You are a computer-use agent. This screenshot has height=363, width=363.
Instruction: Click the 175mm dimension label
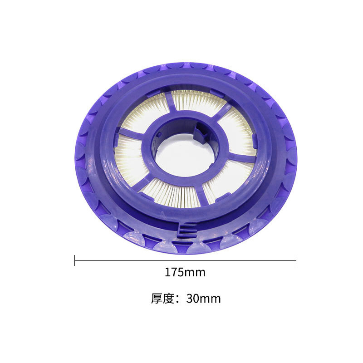[x=185, y=272]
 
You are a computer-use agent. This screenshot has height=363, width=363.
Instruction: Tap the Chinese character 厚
[x=157, y=299]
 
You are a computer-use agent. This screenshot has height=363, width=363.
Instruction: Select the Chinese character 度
[x=168, y=299]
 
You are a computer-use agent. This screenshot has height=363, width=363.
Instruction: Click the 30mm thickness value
[x=203, y=299]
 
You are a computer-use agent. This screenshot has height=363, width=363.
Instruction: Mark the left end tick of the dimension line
[x=75, y=260]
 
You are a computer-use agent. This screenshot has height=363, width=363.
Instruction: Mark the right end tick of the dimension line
[x=297, y=260]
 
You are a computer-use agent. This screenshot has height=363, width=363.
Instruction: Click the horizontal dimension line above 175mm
[x=186, y=260]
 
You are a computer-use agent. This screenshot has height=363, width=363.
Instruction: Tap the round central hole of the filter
[x=185, y=155]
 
